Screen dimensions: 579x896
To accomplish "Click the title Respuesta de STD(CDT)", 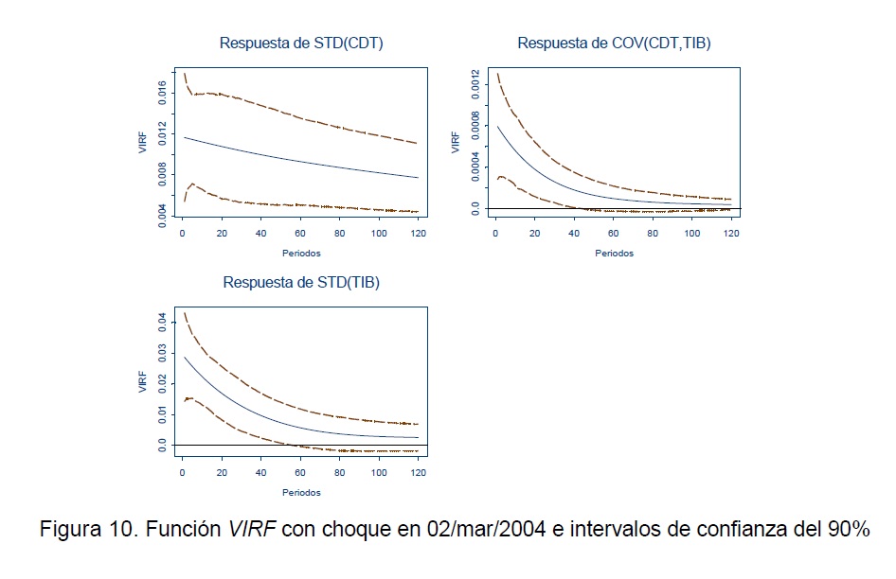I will (x=301, y=43).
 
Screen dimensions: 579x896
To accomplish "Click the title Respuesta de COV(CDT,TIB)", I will (x=614, y=43).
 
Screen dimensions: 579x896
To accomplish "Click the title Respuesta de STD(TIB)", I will (x=301, y=282).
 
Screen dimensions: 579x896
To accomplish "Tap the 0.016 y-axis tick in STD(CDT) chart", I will (x=162, y=93).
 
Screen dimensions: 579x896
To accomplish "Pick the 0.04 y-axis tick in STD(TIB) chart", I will (x=162, y=324).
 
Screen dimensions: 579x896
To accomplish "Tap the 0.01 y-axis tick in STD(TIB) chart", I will (x=162, y=414).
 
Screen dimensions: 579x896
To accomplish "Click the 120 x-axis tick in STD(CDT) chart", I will (x=417, y=235).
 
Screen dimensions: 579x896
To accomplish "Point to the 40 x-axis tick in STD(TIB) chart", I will (x=261, y=473).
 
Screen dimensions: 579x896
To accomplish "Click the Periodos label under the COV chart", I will (x=614, y=254).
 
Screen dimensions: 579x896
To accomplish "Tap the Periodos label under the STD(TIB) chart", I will (x=301, y=492).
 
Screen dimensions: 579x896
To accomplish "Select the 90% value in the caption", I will (x=848, y=530).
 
